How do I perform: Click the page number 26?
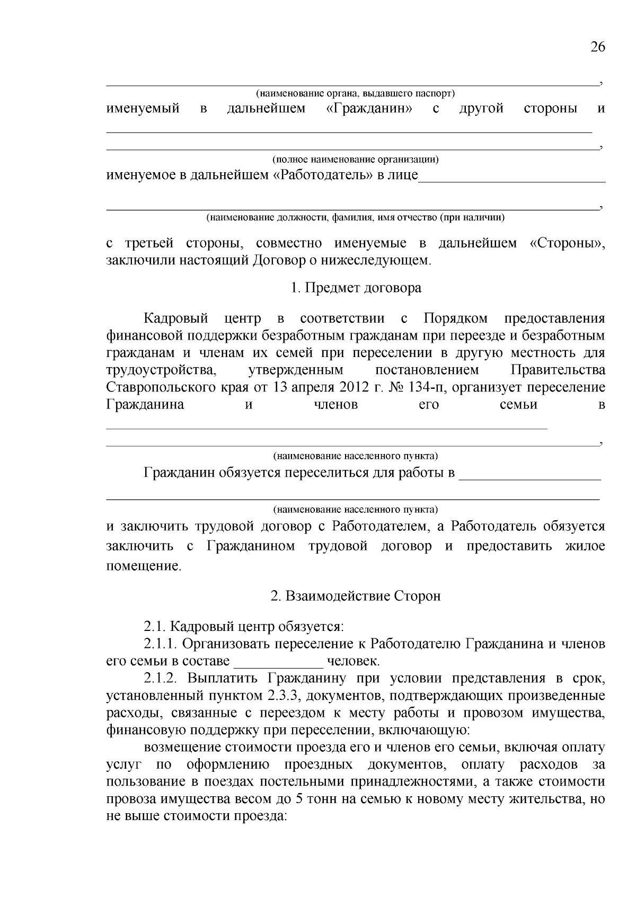click(x=597, y=47)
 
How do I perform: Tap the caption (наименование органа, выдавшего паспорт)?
click(x=355, y=94)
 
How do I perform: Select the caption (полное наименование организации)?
click(x=355, y=159)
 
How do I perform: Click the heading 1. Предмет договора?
click(x=356, y=288)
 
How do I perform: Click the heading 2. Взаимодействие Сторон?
click(x=356, y=596)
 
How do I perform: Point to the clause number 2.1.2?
click(x=162, y=679)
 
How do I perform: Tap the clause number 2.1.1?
click(x=162, y=644)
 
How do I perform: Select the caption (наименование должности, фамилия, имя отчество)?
click(x=355, y=218)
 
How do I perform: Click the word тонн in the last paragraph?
click(x=320, y=799)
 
